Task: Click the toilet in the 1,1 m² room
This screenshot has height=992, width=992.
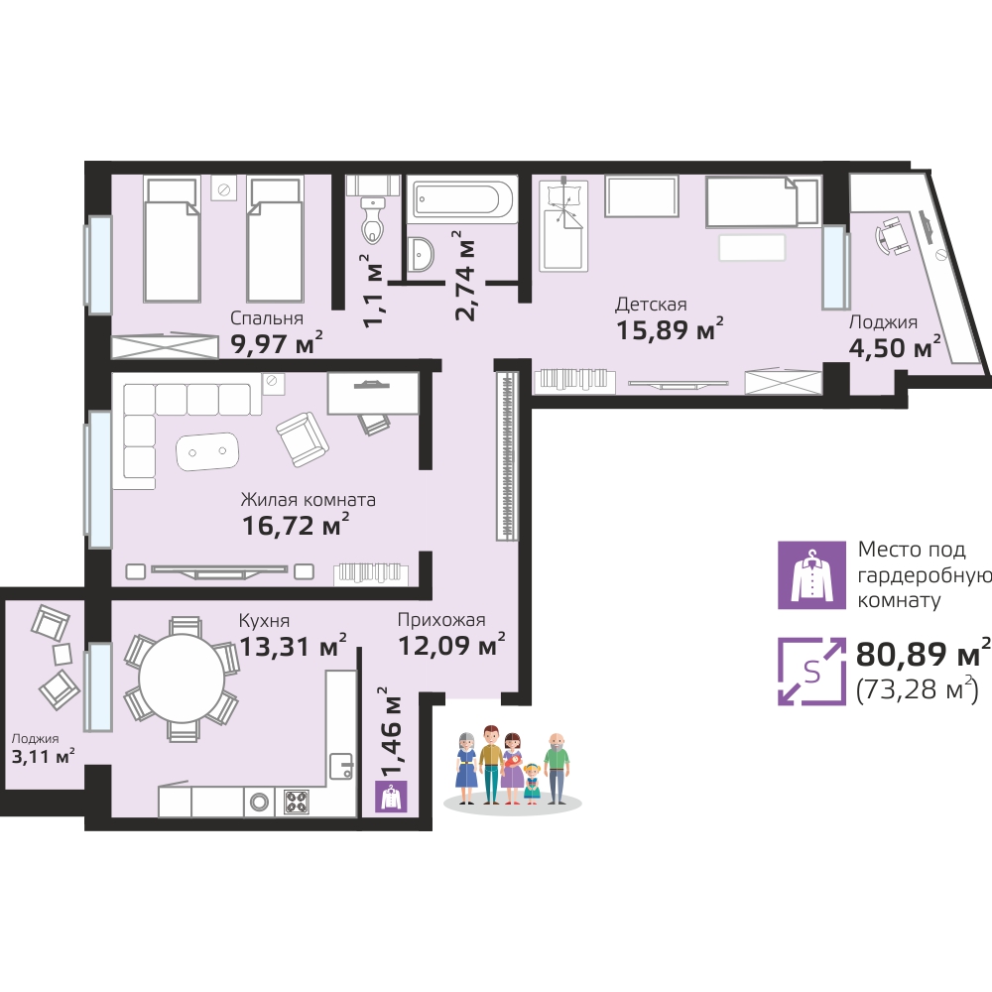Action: pos(373,218)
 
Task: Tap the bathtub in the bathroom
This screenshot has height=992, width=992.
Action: pos(462,198)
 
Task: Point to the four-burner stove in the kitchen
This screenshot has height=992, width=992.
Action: pos(296,802)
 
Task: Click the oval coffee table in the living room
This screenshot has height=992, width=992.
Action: pos(207,451)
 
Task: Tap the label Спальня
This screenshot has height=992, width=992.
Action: pos(266,317)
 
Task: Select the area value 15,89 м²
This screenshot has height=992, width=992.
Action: pos(670,329)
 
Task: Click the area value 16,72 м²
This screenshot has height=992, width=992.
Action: pos(296,525)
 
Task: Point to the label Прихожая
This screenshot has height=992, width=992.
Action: pos(441,620)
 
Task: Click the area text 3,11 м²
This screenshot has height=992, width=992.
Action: pos(44,755)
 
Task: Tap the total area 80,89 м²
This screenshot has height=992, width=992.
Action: pos(923,654)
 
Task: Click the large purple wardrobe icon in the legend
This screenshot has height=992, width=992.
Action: pos(811,575)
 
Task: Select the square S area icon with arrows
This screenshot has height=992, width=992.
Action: pos(811,672)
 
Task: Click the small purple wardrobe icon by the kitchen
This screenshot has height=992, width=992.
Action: pos(391,796)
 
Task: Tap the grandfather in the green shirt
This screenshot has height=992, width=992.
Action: pos(557,768)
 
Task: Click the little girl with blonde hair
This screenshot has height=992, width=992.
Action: pos(532,784)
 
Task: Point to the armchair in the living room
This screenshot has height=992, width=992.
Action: pos(303,439)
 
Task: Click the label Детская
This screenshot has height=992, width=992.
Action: pos(651,305)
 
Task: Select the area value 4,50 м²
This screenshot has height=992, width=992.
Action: pos(895,347)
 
